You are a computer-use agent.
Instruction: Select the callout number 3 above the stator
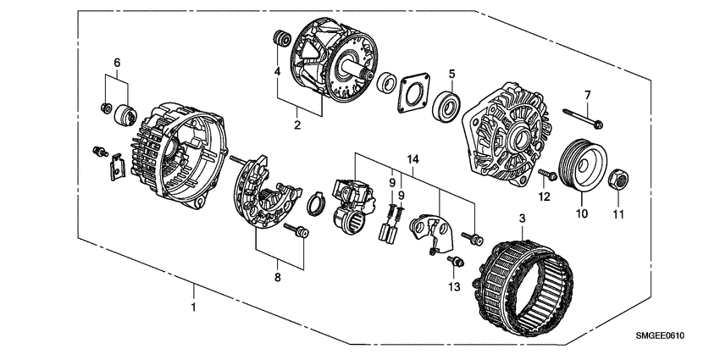click(x=522, y=219)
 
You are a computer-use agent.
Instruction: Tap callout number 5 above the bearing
click(x=452, y=74)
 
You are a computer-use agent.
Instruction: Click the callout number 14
click(x=413, y=159)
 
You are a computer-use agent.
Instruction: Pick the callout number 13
click(x=454, y=287)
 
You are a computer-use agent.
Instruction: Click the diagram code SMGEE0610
click(x=661, y=336)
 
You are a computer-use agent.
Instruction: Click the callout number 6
click(x=117, y=62)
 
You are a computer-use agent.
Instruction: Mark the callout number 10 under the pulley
click(x=581, y=213)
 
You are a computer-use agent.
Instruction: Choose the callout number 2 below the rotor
click(x=297, y=125)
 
